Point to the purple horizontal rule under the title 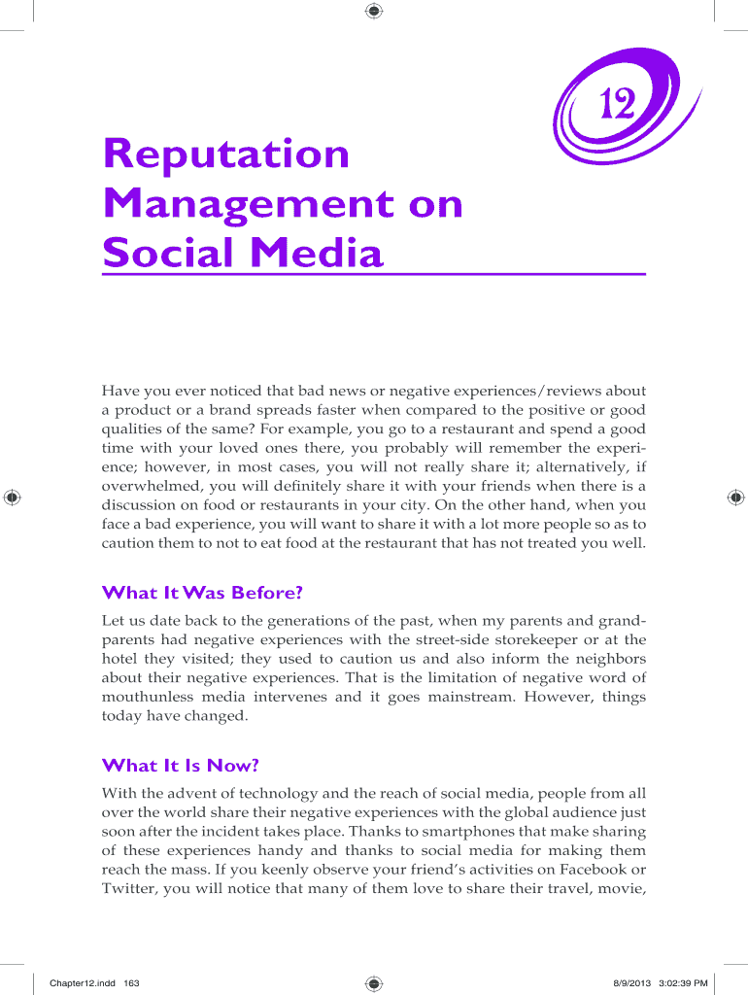(374, 275)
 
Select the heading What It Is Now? (181, 766)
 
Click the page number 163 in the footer (131, 983)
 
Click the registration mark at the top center (374, 11)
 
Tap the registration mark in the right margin (734, 497)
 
